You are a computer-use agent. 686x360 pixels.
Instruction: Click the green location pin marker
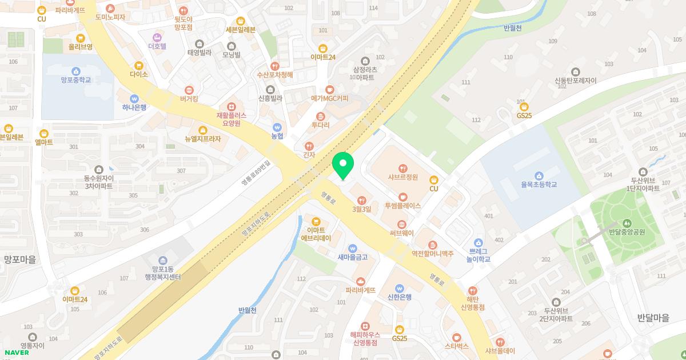343,166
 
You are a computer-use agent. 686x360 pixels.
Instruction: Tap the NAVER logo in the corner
17,353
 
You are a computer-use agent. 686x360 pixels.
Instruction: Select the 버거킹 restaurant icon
189,90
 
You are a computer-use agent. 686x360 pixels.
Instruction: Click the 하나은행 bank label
134,107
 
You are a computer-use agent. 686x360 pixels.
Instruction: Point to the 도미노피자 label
110,18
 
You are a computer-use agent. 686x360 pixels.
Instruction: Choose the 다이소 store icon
139,65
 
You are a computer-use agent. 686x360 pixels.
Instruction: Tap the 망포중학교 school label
75,81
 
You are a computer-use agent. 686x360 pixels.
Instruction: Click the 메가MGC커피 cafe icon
329,89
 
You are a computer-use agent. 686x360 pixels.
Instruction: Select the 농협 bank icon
277,127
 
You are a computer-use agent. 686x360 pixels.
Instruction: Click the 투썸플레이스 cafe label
403,206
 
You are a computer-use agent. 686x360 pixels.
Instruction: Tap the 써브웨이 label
403,234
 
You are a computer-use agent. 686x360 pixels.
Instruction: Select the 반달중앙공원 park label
627,232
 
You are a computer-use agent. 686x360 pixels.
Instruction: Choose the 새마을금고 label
353,257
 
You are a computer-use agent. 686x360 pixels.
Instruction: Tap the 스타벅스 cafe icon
457,337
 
